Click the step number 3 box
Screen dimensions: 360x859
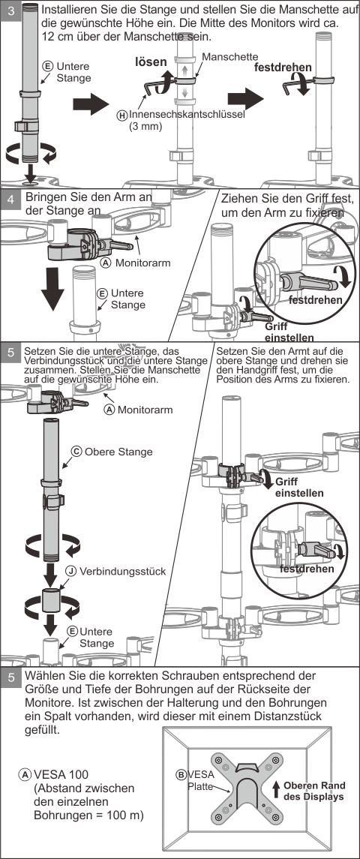[x=11, y=11]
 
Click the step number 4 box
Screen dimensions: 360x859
[x=11, y=200]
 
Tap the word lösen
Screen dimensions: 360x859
[x=151, y=62]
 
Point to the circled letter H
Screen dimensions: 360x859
[x=122, y=116]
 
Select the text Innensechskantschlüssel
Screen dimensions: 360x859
[x=187, y=115]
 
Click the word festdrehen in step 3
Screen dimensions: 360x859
[x=283, y=68]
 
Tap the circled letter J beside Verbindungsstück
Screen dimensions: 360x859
[x=71, y=571]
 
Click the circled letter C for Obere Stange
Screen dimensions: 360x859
[x=76, y=452]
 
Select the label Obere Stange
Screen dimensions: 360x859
[x=118, y=452]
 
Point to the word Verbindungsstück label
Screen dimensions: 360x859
[x=123, y=571]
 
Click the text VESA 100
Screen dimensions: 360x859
[x=61, y=775]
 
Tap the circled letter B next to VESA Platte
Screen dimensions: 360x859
[x=181, y=775]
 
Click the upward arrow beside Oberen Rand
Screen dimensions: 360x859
[x=276, y=791]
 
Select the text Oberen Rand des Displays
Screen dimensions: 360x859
[x=314, y=791]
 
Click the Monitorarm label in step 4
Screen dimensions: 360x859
[x=143, y=263]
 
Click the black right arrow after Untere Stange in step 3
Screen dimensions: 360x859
[x=91, y=104]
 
